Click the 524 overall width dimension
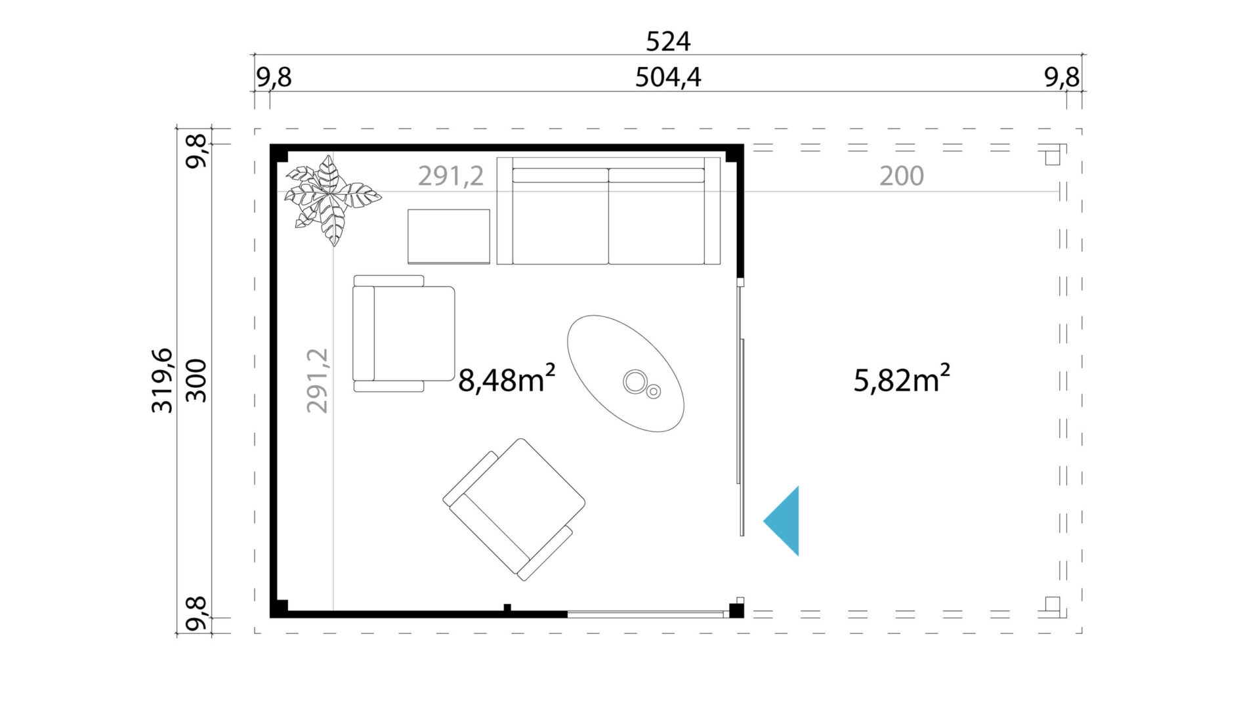(668, 41)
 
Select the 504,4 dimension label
(668, 77)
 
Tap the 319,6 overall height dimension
(162, 381)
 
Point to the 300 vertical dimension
(196, 381)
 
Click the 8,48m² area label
(507, 379)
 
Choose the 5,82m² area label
(902, 379)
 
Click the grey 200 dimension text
(902, 176)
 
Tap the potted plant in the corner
(332, 199)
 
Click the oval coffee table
(625, 373)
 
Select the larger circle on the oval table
(635, 382)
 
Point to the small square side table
(449, 236)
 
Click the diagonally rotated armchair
(514, 509)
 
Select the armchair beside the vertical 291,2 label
(404, 333)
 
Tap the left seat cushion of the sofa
(560, 217)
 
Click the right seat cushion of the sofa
(656, 217)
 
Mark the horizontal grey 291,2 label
(451, 176)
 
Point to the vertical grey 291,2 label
(317, 381)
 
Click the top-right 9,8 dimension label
(1062, 77)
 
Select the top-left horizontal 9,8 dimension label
(274, 77)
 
